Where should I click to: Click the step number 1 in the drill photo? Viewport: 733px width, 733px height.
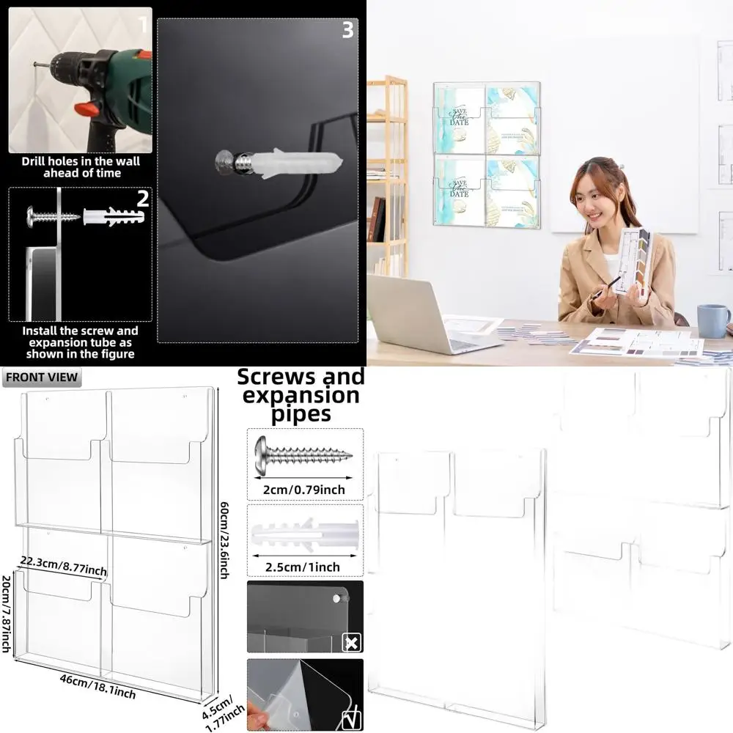pos(142,26)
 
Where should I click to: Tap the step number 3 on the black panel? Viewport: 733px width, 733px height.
pos(347,30)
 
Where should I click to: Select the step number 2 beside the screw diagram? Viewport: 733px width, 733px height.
pos(143,198)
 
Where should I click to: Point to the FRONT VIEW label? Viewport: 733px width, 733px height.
pos(41,378)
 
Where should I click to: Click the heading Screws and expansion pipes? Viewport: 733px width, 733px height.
pos(301,396)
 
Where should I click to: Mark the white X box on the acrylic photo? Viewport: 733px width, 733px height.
pos(352,643)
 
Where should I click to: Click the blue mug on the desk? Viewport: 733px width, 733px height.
pos(712,320)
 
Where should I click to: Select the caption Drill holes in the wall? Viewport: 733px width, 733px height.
pos(81,167)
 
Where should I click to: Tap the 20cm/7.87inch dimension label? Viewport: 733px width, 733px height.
pos(7,612)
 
